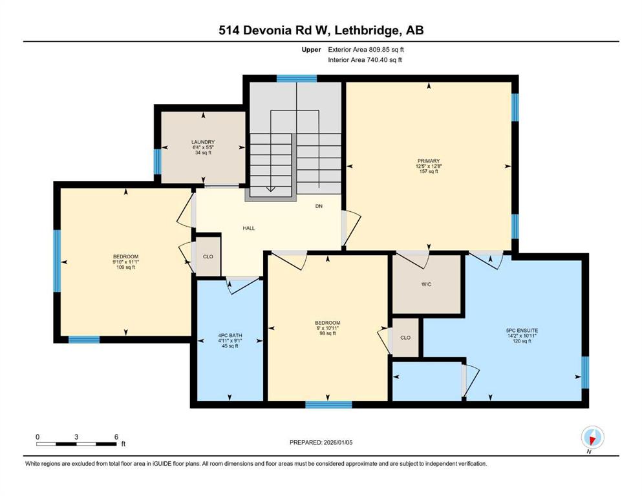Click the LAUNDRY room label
[203, 142]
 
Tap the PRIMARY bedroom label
[428, 161]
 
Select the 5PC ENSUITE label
[522, 331]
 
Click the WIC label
[426, 284]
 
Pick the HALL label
[248, 228]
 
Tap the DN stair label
[319, 206]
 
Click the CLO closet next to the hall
[208, 257]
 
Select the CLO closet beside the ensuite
[405, 338]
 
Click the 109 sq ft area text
[125, 267]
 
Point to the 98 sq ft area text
[328, 333]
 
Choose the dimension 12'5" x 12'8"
[429, 167]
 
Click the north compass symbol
[592, 438]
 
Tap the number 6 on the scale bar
[116, 437]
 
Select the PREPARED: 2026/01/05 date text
[321, 442]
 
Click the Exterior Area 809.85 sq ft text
[366, 50]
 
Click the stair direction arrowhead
[271, 189]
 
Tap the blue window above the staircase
[297, 79]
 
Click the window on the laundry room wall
[157, 161]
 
